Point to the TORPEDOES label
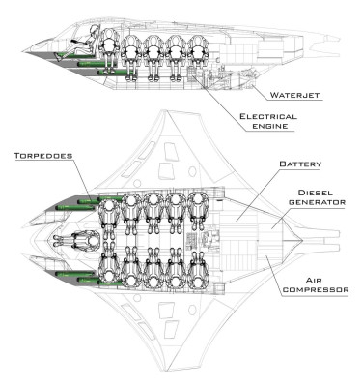coord(40,154)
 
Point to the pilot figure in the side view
coord(94,44)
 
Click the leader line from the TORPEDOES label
coord(83,179)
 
